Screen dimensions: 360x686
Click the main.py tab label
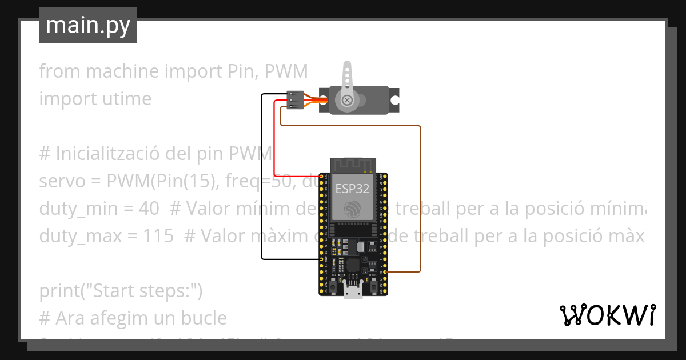click(88, 25)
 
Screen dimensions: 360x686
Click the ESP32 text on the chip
click(352, 189)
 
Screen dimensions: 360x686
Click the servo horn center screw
click(346, 101)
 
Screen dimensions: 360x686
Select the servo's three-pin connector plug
click(294, 100)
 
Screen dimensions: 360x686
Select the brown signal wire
click(421, 200)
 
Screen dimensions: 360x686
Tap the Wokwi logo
click(608, 315)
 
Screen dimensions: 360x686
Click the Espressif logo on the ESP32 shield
click(352, 209)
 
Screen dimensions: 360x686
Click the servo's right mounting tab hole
click(394, 99)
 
